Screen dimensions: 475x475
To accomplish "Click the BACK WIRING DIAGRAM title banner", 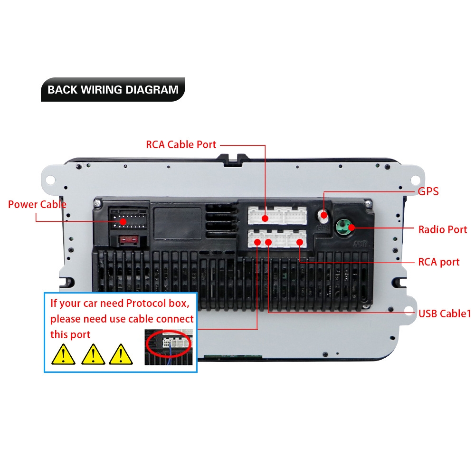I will tap(113, 89).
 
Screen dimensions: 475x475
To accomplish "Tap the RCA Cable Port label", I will tap(180, 144).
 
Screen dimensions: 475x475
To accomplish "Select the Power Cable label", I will tap(37, 204).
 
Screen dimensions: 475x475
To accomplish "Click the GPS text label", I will tap(428, 191).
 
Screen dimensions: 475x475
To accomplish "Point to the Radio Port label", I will tap(442, 229).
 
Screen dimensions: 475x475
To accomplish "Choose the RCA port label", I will tap(438, 262).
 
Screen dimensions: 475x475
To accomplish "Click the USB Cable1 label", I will tap(444, 313).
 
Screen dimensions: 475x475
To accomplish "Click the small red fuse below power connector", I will tap(130, 240).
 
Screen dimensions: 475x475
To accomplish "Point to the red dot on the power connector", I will tap(123, 221).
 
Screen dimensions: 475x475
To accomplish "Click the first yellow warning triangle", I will tap(63, 354).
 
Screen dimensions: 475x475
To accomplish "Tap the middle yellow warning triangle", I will tap(94, 354).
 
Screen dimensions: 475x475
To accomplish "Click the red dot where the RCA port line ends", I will tap(300, 242).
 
